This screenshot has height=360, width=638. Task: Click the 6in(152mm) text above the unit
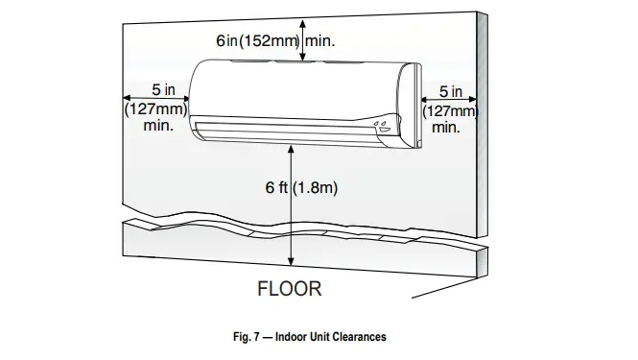pos(257,41)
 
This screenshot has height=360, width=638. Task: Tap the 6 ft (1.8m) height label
pos(301,189)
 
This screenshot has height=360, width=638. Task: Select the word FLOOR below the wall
pos(289,287)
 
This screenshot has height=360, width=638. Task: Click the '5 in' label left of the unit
pos(150,90)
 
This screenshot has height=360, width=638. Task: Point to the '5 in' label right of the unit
pos(451,92)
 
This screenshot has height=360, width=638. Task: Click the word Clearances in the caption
pos(358,337)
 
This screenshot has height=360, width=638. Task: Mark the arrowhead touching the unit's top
pos(304,58)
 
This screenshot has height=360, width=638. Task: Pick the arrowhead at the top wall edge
pos(304,21)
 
